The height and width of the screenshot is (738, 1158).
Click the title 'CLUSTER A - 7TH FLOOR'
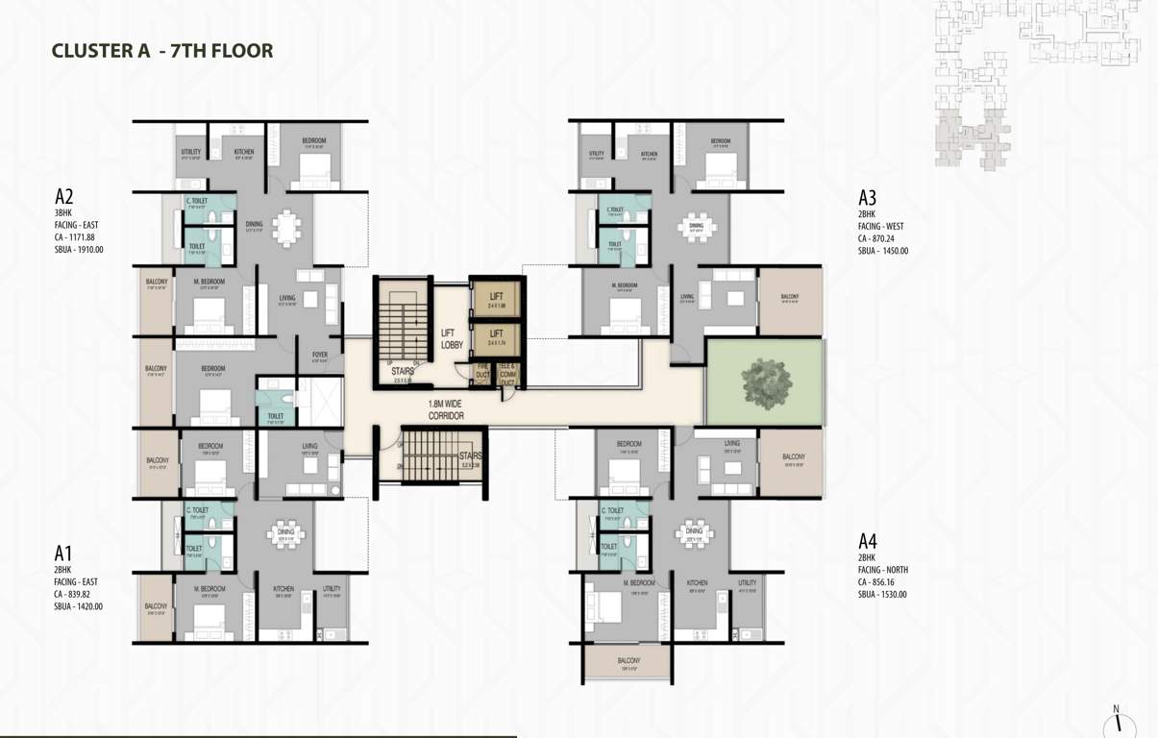point(161,51)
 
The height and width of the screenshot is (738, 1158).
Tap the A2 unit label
point(64,198)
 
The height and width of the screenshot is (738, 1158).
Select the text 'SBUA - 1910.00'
point(79,250)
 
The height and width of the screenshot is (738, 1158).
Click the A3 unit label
point(868,199)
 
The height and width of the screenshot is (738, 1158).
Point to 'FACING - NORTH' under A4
point(883,570)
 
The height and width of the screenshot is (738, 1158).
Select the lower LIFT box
point(497,340)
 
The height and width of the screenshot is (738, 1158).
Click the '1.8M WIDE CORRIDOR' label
point(446,410)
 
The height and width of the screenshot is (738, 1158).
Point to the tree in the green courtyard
point(766,381)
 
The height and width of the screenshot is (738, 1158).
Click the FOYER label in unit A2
point(320,356)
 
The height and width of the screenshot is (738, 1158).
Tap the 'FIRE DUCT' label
point(481,370)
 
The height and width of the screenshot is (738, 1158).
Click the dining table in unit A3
point(696,228)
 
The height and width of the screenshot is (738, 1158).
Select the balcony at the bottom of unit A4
point(628,664)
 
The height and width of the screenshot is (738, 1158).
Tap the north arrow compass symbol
point(1118,723)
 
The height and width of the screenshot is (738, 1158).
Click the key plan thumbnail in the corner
point(1036,82)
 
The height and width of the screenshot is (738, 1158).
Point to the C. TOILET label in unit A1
point(198,510)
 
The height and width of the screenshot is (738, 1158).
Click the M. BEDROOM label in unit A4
point(638,583)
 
